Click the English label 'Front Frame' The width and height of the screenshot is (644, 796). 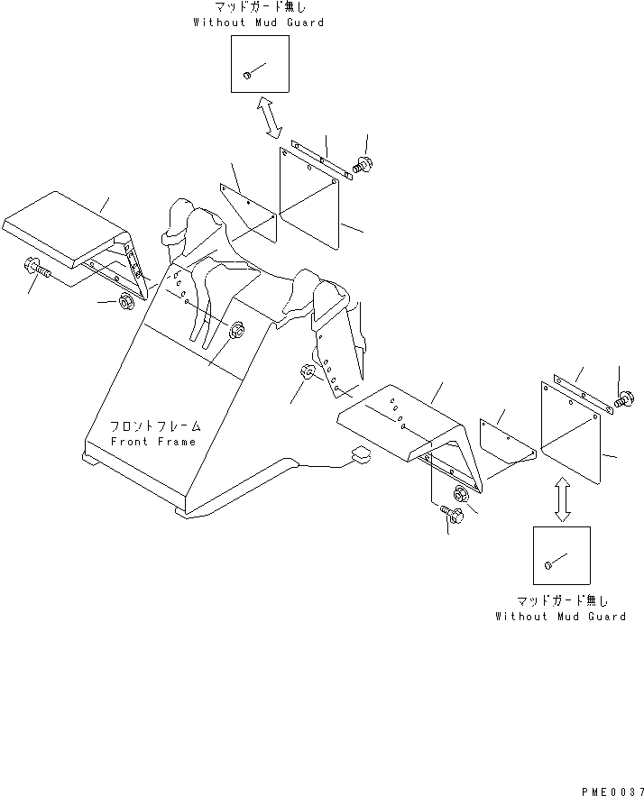(153, 442)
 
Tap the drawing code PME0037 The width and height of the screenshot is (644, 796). (612, 791)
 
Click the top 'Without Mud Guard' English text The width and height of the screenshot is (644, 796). (259, 23)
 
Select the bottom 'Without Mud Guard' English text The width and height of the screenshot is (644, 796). (561, 617)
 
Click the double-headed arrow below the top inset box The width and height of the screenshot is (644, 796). (269, 117)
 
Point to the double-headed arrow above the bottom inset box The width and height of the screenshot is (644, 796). (562, 499)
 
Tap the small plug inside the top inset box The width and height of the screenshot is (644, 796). (247, 75)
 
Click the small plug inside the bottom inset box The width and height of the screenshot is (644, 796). (548, 564)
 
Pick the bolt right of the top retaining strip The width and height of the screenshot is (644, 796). (363, 164)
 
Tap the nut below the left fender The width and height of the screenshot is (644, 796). (125, 301)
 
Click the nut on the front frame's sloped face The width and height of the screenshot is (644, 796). (236, 330)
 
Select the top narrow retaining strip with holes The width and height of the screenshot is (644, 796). (321, 160)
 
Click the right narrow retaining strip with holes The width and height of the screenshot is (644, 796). (583, 394)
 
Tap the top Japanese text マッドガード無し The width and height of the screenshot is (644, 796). (260, 7)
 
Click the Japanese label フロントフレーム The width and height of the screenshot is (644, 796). (155, 425)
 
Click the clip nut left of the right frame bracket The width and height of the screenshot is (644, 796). (308, 372)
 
